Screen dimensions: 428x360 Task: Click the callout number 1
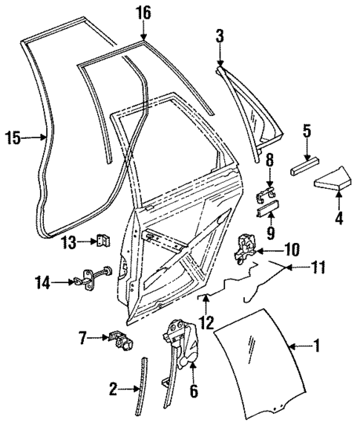pos(317,346)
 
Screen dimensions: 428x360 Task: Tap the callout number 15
pos(12,137)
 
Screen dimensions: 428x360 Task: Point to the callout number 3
pos(220,36)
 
